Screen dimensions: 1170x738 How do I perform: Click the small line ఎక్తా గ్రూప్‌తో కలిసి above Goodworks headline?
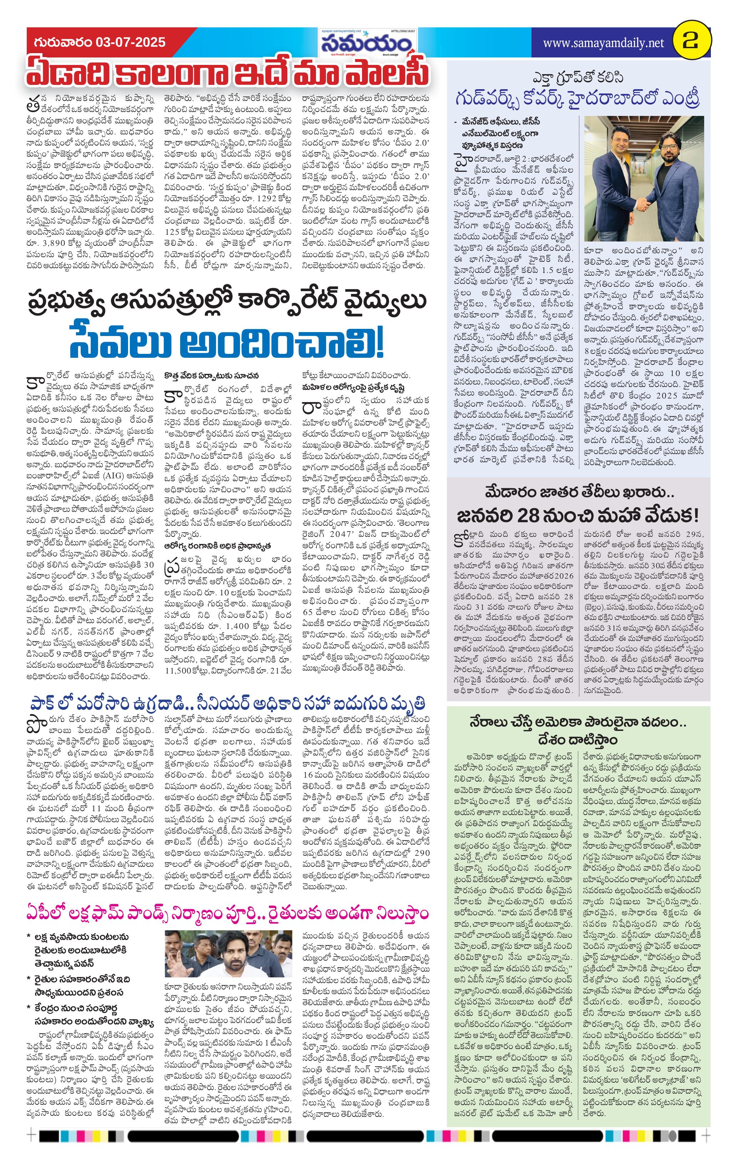578,78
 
